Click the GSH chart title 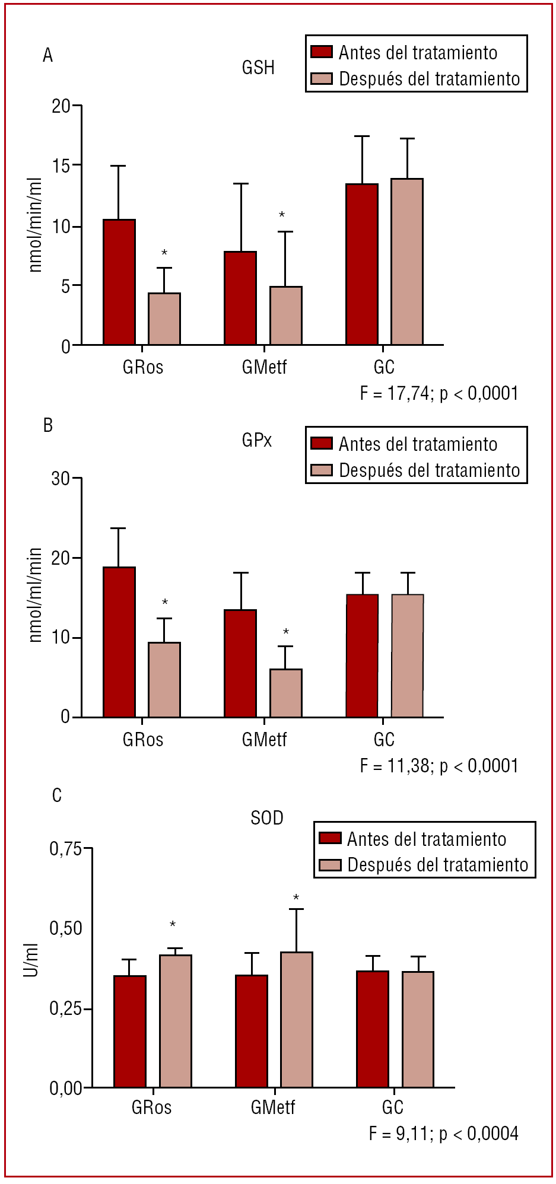[258, 68]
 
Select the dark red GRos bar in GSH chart [119, 282]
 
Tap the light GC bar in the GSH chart [407, 262]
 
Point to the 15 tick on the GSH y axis [61, 166]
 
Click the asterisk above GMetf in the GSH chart [282, 215]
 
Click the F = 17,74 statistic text [439, 393]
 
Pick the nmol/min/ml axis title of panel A [36, 225]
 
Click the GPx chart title [257, 440]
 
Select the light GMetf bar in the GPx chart [286, 693]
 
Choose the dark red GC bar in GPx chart [362, 655]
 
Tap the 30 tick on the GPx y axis [61, 479]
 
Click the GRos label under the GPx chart [143, 740]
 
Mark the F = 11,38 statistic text [439, 766]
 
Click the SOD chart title [267, 818]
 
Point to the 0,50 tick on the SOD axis [66, 928]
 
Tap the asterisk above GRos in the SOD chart [173, 924]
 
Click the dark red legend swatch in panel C [330, 838]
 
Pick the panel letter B [48, 425]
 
